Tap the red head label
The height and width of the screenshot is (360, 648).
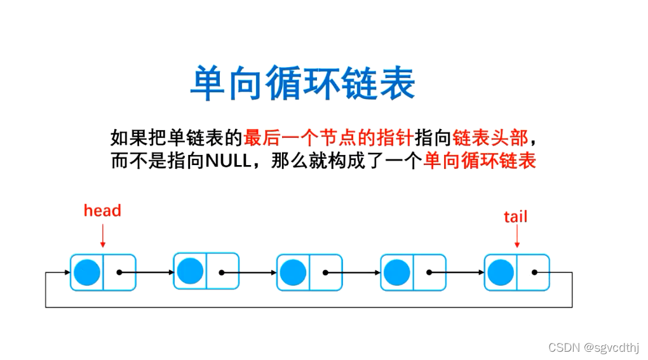102,210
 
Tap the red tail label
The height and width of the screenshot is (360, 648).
515,217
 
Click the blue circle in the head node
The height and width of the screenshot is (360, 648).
87,272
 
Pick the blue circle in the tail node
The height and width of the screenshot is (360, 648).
501,272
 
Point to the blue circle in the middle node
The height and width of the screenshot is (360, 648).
294,272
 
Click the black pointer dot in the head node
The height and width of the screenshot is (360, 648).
119,272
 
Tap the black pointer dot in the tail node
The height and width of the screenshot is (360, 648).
535,272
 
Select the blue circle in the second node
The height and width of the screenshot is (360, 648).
190,271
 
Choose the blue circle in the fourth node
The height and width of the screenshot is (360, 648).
397,272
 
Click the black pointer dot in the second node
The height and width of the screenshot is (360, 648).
222,272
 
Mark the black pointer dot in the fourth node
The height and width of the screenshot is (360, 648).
429,272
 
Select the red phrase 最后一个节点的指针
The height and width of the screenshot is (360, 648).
329,137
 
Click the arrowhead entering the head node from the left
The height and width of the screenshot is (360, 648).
66,272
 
